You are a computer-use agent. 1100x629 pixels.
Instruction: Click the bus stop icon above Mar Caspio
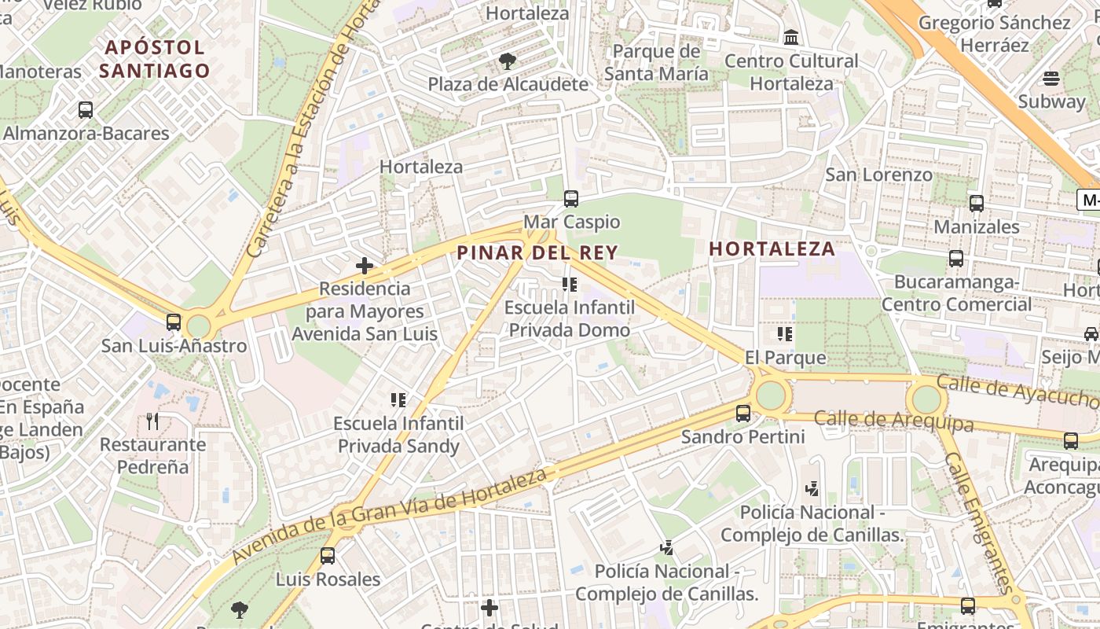coord(571,199)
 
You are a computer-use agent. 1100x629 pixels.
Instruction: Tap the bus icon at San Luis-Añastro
coord(174,322)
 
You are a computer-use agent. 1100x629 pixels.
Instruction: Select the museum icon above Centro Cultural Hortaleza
coord(791,37)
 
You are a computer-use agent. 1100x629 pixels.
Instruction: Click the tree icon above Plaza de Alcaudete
coord(508,61)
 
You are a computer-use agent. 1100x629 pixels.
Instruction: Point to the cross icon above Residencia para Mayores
coord(365,266)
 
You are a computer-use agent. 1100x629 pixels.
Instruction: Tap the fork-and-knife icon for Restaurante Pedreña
coord(152,421)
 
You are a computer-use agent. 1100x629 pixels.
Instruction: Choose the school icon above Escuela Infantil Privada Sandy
coord(398,400)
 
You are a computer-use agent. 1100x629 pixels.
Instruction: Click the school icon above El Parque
coord(785,334)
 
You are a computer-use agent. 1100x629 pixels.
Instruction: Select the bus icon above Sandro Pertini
coord(742,413)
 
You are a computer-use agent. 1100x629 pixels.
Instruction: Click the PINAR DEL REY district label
coord(537,252)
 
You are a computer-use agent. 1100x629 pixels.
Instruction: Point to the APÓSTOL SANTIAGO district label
coord(155,59)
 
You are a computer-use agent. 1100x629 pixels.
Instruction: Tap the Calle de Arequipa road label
coord(893,421)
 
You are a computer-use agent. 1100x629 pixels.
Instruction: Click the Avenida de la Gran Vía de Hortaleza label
coord(390,515)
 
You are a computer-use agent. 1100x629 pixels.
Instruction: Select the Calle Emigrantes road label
coord(977,523)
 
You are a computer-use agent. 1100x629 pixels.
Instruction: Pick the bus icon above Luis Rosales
coord(328,556)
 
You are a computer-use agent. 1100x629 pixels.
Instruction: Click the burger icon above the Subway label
coord(1051,79)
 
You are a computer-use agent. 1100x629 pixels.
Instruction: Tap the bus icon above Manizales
coord(977,204)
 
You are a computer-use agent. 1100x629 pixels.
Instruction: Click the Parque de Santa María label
coord(656,63)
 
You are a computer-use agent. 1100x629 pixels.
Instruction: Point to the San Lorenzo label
coord(878,175)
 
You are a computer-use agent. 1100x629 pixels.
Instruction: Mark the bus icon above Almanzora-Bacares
coord(86,110)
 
